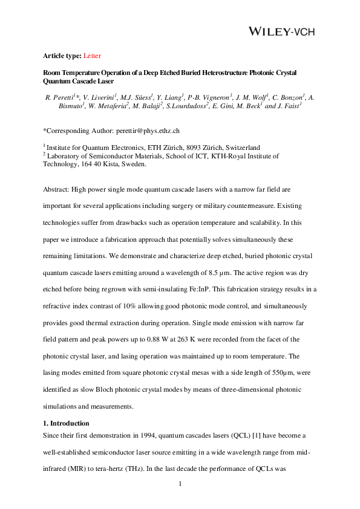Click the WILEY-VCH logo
(282, 31)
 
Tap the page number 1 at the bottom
(180, 484)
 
